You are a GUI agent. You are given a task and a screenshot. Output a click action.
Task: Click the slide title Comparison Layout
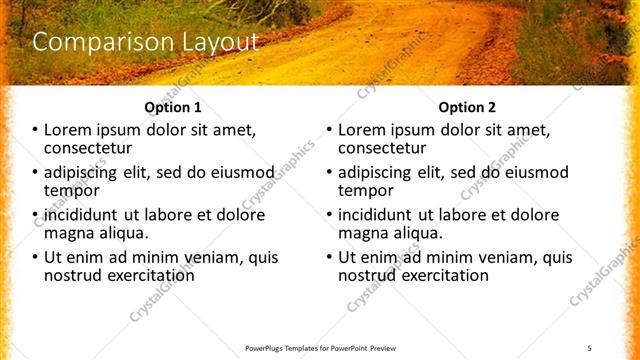[x=146, y=43]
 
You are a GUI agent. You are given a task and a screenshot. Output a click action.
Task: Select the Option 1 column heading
[x=173, y=107]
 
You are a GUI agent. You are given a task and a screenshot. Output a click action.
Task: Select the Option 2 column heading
[x=467, y=107]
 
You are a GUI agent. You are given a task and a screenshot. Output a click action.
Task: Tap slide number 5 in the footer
[x=590, y=347]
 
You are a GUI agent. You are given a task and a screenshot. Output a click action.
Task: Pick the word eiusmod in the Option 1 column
[x=264, y=172]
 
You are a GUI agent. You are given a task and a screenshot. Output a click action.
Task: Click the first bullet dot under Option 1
[x=36, y=130]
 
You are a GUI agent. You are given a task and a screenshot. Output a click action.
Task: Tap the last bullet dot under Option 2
[x=330, y=257]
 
